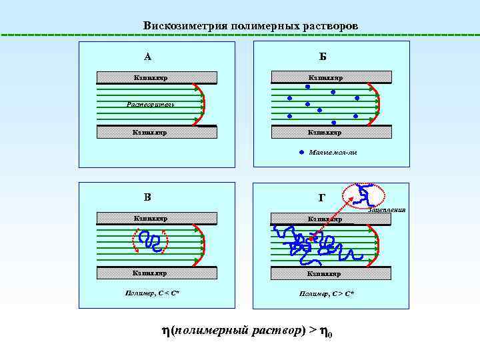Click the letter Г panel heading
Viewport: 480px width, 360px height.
click(322, 197)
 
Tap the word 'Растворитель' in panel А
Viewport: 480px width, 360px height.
click(151, 104)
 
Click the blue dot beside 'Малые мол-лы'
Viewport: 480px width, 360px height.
click(301, 152)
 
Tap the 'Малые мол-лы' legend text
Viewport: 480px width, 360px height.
click(333, 153)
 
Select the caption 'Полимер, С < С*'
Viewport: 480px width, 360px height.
click(151, 293)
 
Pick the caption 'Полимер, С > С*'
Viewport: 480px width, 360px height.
click(326, 293)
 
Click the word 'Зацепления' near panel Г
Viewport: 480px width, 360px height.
click(386, 210)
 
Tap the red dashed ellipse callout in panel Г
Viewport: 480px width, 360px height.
click(363, 194)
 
